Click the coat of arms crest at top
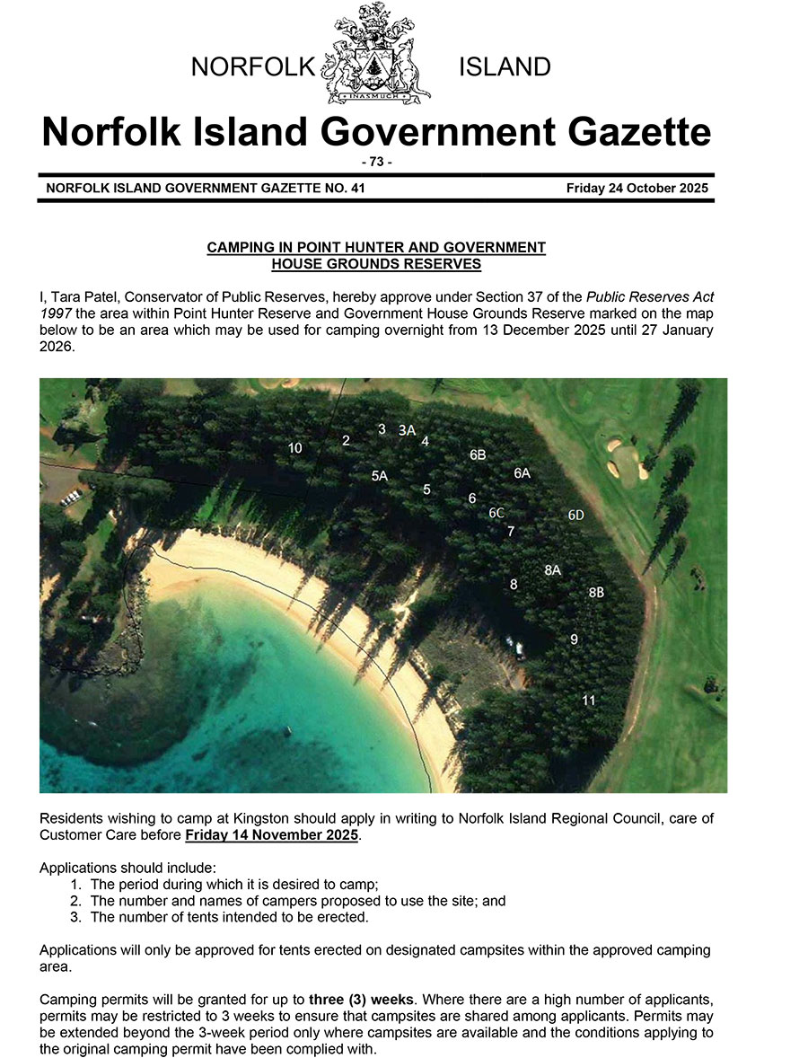click(x=376, y=54)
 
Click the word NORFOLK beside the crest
click(x=255, y=67)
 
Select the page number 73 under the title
click(x=376, y=162)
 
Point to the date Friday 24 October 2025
click(x=637, y=189)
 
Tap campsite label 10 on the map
click(x=294, y=447)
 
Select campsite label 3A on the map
click(x=407, y=430)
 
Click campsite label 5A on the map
click(x=379, y=476)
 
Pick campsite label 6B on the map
click(x=478, y=455)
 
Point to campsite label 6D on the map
click(x=576, y=515)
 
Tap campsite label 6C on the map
click(x=496, y=513)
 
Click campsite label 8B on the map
click(x=596, y=593)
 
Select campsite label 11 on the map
click(x=589, y=700)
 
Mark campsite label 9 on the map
click(x=574, y=639)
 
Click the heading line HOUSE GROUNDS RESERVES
click(x=376, y=264)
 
